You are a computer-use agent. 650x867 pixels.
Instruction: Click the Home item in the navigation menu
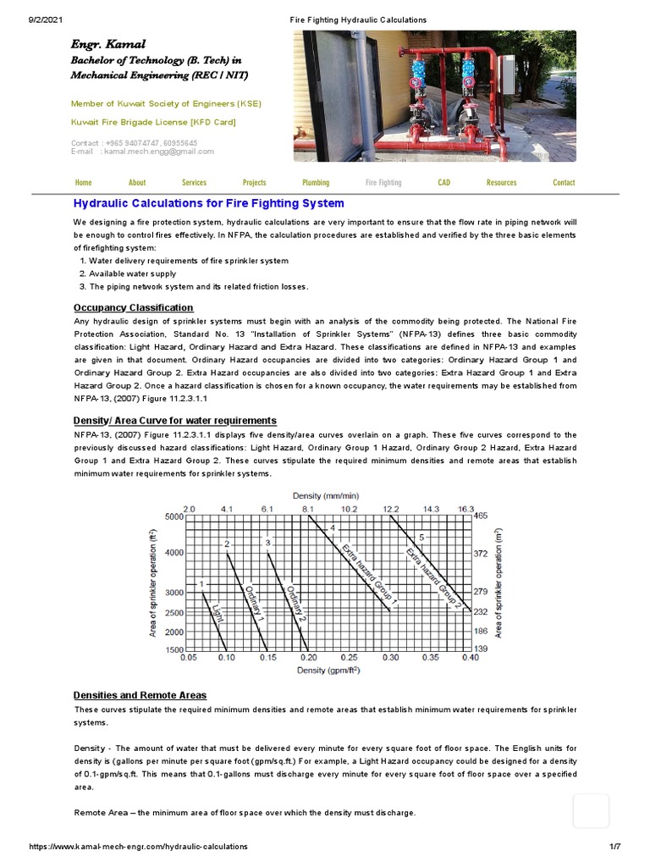83,182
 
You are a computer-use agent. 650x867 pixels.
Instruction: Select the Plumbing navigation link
316,182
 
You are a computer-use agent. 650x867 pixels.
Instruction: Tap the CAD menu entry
443,182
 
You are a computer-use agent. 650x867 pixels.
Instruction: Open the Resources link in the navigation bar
501,182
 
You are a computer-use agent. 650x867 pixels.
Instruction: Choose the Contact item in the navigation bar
563,182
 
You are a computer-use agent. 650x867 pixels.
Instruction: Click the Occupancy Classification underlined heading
133,307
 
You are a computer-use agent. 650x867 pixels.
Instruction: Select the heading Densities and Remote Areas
140,695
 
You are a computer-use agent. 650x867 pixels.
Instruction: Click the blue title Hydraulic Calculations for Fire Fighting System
208,203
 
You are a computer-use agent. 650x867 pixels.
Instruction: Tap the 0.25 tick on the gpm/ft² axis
348,656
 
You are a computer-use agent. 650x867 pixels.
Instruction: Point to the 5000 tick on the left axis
174,516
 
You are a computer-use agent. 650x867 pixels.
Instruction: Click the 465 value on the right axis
481,516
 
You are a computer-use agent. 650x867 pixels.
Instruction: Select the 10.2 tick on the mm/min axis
348,509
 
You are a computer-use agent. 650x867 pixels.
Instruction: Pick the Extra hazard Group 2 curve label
433,577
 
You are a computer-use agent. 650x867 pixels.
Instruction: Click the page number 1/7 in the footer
614,846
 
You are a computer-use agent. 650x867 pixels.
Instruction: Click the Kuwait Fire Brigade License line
153,122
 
